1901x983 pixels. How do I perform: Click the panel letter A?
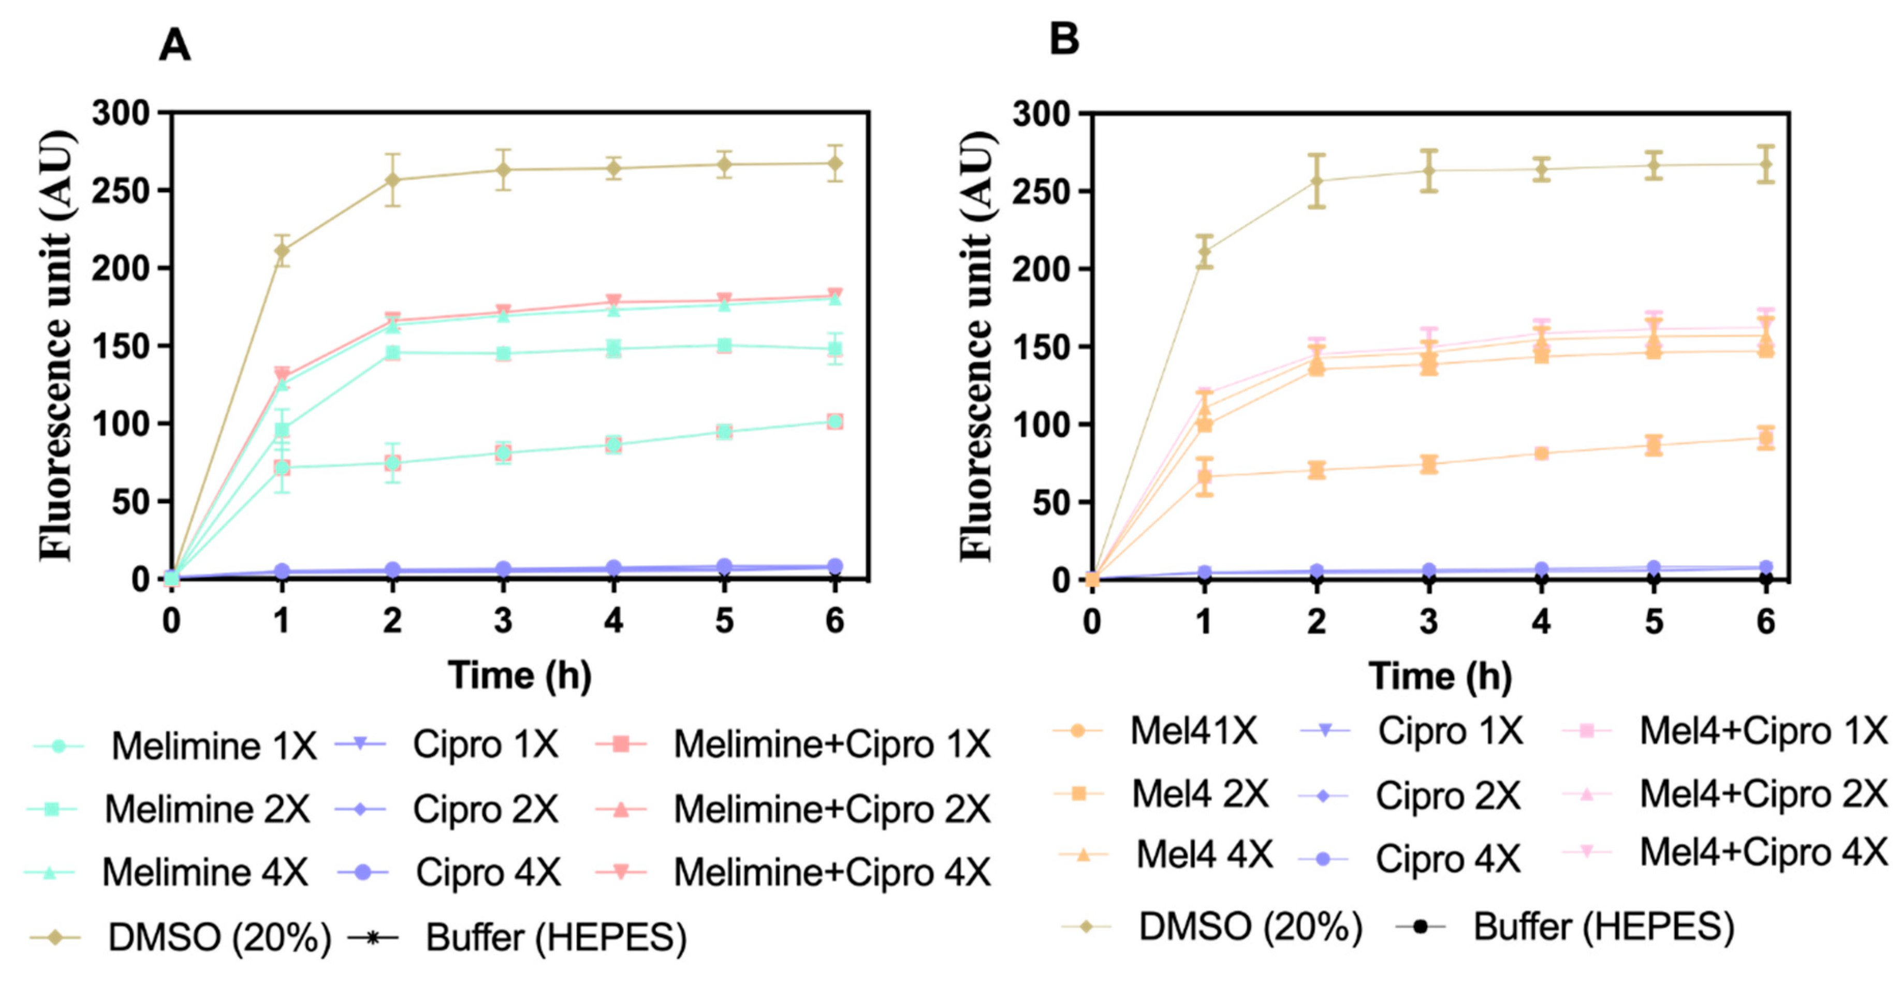point(175,46)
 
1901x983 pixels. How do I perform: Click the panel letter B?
point(1064,38)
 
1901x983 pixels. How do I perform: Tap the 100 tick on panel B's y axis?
point(1041,424)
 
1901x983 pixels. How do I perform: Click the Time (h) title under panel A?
point(520,675)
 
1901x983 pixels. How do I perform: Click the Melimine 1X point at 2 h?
point(392,463)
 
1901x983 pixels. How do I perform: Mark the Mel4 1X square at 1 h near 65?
point(1204,477)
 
